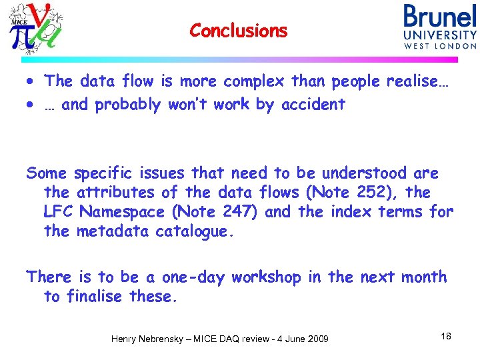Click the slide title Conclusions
point(238,31)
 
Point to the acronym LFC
point(59,212)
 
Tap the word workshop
point(267,277)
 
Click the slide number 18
point(446,336)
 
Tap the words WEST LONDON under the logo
point(440,46)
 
